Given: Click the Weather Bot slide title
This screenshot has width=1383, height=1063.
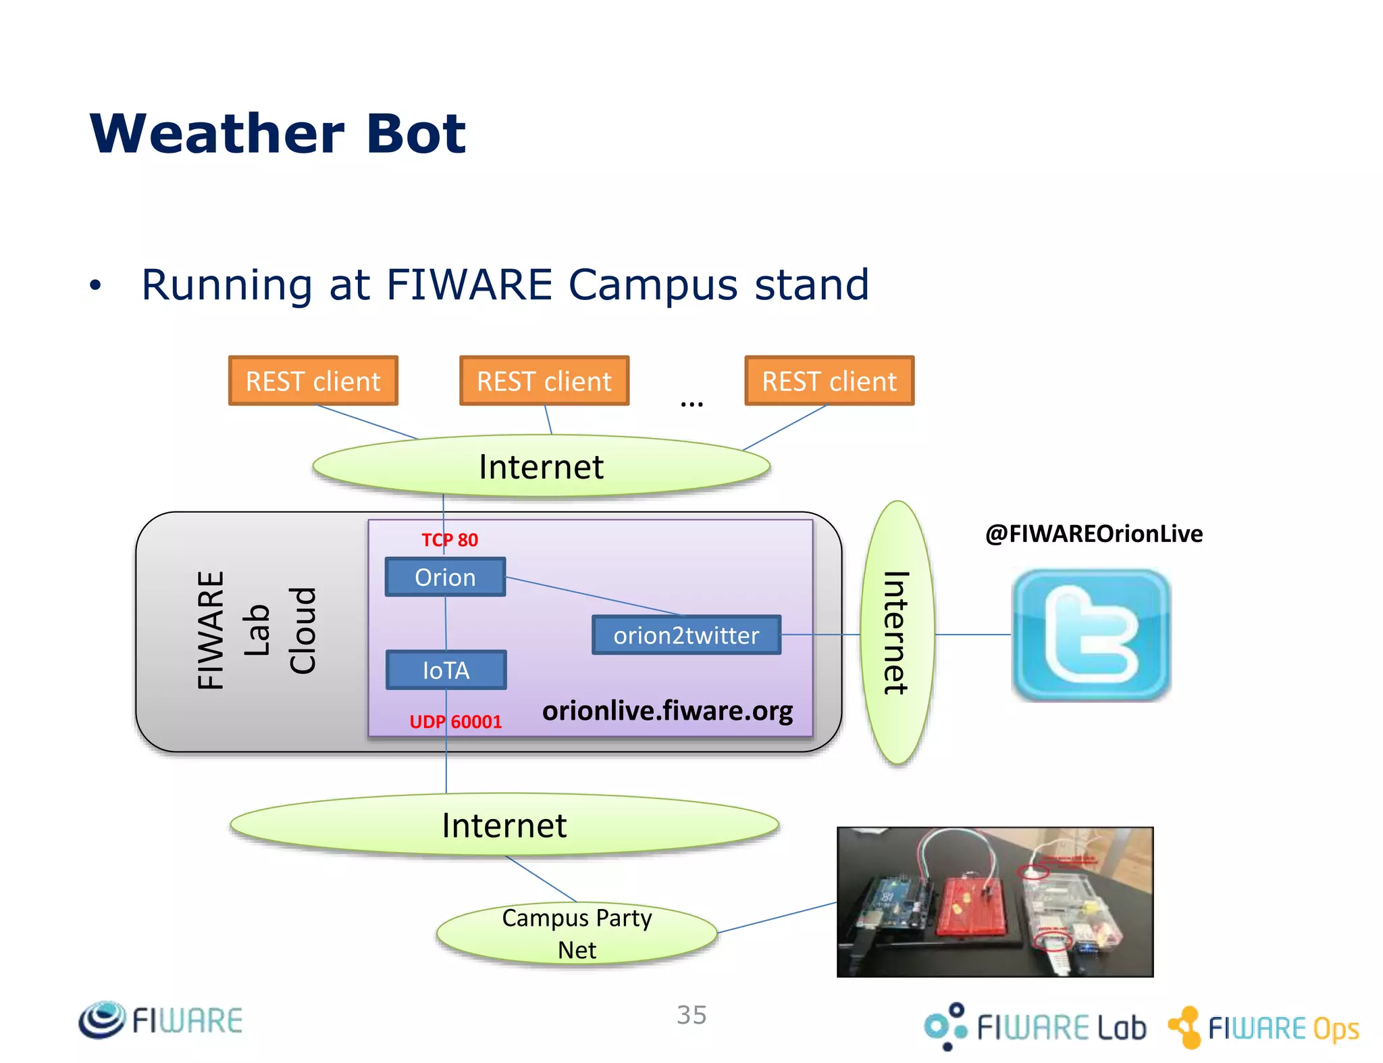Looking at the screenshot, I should [x=278, y=133].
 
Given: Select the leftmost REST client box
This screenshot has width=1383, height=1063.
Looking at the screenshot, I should [x=313, y=381].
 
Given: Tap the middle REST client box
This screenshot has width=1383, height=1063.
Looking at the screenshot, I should [x=544, y=381].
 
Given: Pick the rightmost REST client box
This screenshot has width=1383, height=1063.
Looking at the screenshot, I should [x=829, y=381].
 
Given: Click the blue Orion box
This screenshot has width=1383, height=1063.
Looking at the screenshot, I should [x=445, y=577].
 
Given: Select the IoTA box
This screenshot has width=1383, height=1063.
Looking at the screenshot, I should [x=446, y=670].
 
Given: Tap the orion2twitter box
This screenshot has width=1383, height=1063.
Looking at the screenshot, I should [x=686, y=635].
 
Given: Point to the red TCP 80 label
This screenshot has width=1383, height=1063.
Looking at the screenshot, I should [x=450, y=540].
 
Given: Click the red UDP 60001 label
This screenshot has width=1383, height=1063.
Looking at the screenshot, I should [x=456, y=722].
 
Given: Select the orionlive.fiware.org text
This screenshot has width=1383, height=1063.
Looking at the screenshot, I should [x=667, y=711].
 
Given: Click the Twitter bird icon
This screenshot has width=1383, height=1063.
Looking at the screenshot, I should [x=1091, y=635].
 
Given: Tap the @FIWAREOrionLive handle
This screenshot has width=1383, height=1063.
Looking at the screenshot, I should [x=1093, y=534].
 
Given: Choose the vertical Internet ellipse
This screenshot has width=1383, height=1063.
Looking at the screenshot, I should [x=897, y=633].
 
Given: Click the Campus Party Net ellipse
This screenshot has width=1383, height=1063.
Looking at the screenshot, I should [x=577, y=934].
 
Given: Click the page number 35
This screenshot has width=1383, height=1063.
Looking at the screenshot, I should [x=691, y=1015].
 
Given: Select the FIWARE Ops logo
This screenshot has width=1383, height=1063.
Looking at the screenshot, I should [x=1263, y=1028].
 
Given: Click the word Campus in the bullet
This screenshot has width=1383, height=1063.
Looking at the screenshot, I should [x=651, y=285].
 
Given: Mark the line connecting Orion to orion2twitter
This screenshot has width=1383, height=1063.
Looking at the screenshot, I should [x=594, y=597].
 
